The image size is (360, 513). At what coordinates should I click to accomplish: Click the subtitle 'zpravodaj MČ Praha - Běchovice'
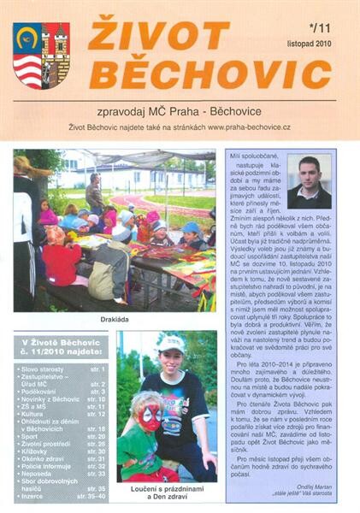point(180,110)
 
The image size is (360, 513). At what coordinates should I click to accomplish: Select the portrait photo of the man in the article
point(309,181)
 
